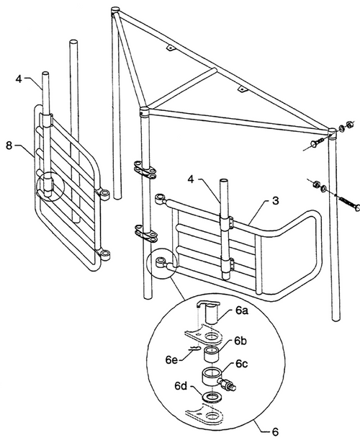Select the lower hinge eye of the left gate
105,254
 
